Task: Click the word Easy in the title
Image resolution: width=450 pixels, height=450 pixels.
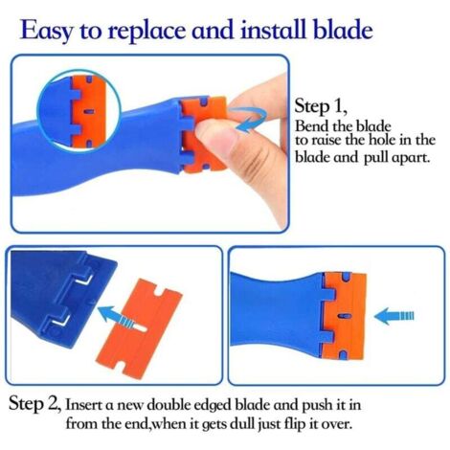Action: pyautogui.click(x=47, y=30)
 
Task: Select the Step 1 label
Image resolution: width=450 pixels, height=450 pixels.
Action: pyautogui.click(x=320, y=106)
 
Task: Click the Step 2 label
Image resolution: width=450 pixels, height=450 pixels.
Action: pyautogui.click(x=34, y=403)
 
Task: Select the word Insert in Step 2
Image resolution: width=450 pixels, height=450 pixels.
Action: pyautogui.click(x=84, y=405)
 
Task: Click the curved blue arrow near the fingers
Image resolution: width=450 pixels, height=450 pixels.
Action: pyautogui.click(x=251, y=120)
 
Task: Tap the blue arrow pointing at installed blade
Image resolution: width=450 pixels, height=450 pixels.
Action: pyautogui.click(x=394, y=316)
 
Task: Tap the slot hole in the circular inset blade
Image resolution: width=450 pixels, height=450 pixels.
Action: pyautogui.click(x=89, y=111)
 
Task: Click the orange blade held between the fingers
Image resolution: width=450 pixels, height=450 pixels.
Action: pyautogui.click(x=204, y=133)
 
